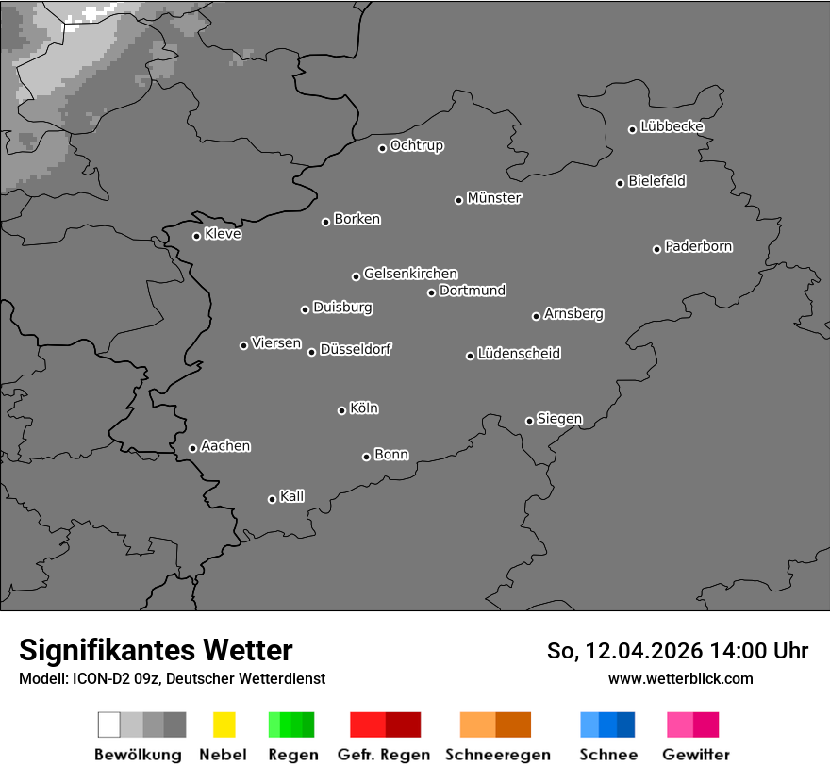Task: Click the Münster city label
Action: click(x=494, y=198)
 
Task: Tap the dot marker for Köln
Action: click(x=341, y=410)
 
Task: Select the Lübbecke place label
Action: click(x=672, y=126)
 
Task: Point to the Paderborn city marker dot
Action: click(x=656, y=249)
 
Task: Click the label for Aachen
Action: click(x=225, y=446)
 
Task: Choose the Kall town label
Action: click(x=292, y=496)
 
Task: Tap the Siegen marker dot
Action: click(x=529, y=421)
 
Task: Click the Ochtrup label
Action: click(x=417, y=146)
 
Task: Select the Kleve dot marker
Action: click(x=196, y=236)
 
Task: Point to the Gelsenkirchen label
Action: click(x=410, y=274)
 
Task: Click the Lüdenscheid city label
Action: click(x=519, y=354)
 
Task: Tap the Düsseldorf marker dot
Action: click(x=311, y=352)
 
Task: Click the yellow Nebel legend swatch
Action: click(x=224, y=725)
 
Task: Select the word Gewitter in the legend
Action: click(x=696, y=755)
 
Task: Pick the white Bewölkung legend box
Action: click(x=108, y=725)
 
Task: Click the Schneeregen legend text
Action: click(x=498, y=755)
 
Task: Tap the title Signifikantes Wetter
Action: click(x=156, y=650)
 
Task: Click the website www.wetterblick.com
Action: click(x=680, y=678)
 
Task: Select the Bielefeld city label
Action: click(x=656, y=181)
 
